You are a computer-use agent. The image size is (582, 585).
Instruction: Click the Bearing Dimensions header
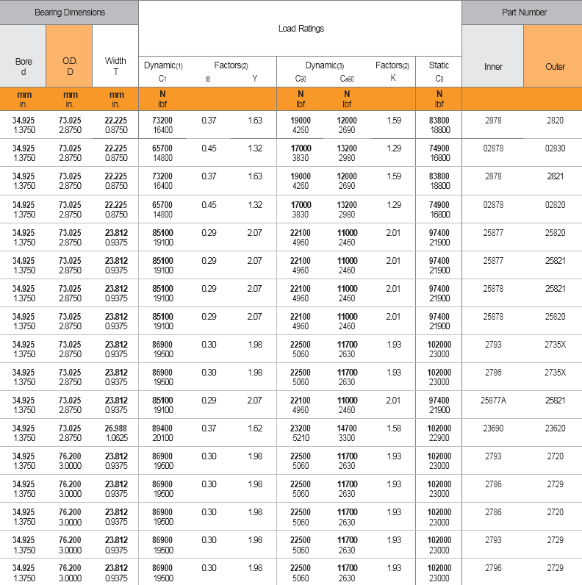[x=69, y=12]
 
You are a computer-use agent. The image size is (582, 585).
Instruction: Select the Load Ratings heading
[x=301, y=29]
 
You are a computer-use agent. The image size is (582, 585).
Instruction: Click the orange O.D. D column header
[x=70, y=66]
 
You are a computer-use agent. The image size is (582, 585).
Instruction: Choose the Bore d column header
[x=24, y=66]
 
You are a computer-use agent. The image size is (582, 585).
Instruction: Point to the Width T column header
[x=115, y=66]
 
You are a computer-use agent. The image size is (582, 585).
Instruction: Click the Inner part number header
[x=493, y=66]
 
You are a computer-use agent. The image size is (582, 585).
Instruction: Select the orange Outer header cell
[x=555, y=66]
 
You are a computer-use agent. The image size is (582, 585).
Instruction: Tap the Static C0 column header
[x=439, y=71]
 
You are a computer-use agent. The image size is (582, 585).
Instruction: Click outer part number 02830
[x=555, y=148]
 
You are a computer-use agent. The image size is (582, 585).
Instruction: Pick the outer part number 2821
[x=555, y=176]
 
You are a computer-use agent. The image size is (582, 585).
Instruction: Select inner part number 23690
[x=493, y=428]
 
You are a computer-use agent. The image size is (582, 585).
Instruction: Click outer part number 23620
[x=555, y=428]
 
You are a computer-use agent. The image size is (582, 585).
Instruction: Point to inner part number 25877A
[x=493, y=400]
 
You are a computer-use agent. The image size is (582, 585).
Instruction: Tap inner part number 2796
[x=493, y=568]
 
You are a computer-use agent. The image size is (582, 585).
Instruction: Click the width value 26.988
[x=116, y=428]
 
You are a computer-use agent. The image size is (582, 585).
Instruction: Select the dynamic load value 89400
[x=162, y=428]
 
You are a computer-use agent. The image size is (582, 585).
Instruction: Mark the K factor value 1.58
[x=394, y=428]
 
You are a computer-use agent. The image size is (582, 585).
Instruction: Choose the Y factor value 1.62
[x=255, y=428]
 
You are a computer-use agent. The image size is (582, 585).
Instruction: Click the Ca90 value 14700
[x=347, y=428]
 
